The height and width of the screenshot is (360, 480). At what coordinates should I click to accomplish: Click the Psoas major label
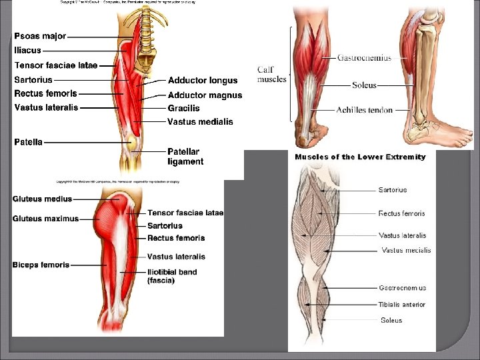tap(40, 36)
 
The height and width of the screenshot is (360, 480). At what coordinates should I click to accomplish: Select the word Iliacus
tap(27, 50)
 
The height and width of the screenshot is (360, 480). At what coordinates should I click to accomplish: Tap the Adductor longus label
tap(203, 81)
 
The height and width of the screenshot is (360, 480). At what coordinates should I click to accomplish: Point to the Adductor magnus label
tap(205, 95)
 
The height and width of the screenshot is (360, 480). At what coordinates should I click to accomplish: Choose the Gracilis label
tap(183, 108)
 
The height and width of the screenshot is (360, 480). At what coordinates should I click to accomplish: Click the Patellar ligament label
tap(185, 157)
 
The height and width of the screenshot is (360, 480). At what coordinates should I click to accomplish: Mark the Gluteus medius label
tap(42, 199)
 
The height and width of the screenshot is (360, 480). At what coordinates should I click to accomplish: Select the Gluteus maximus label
tap(45, 219)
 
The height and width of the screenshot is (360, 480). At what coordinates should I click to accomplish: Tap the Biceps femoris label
tap(41, 265)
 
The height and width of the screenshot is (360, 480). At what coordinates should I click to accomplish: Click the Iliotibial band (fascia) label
tap(171, 276)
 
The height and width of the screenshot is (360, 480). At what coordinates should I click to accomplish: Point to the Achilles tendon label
tap(364, 110)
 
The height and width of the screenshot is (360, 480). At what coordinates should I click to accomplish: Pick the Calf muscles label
tap(272, 75)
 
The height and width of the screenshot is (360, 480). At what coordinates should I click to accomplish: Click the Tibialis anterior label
tap(401, 305)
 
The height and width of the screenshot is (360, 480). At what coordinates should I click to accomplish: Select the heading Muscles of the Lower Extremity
tap(360, 157)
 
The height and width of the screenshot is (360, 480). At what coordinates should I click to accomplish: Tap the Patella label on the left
tap(29, 142)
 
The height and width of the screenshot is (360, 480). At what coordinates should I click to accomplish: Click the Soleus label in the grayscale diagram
tap(391, 321)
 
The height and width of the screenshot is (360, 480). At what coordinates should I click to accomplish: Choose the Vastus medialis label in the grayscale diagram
tap(406, 251)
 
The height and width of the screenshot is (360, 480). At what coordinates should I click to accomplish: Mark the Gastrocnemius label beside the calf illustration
tap(364, 58)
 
